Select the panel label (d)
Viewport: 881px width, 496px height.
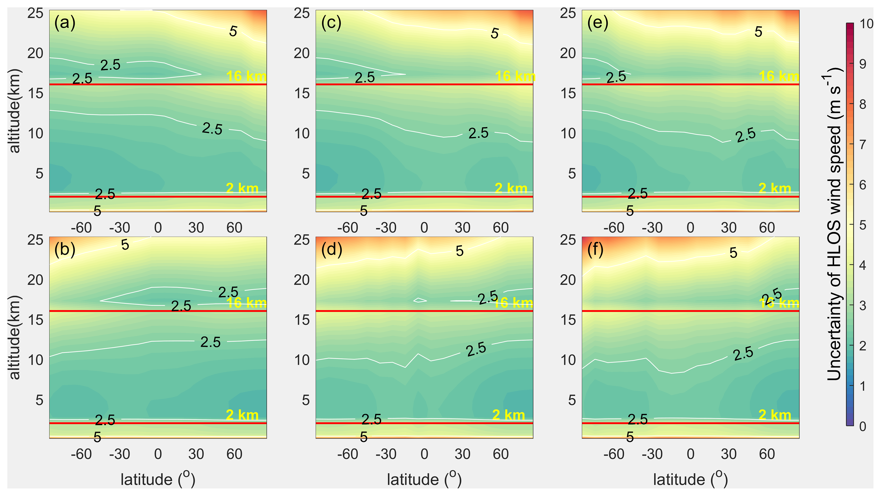tap(331, 250)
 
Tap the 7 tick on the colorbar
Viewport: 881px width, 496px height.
tap(863, 145)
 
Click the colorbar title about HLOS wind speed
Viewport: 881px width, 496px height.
tap(834, 224)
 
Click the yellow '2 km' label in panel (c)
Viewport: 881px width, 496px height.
tap(511, 189)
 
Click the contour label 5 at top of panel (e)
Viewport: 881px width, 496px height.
tap(758, 32)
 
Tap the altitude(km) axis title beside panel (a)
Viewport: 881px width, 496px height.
tap(15, 111)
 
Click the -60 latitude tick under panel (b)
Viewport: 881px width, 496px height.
tap(82, 454)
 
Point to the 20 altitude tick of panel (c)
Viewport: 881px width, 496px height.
tap(302, 53)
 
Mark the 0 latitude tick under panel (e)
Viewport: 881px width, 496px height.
tap(691, 228)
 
